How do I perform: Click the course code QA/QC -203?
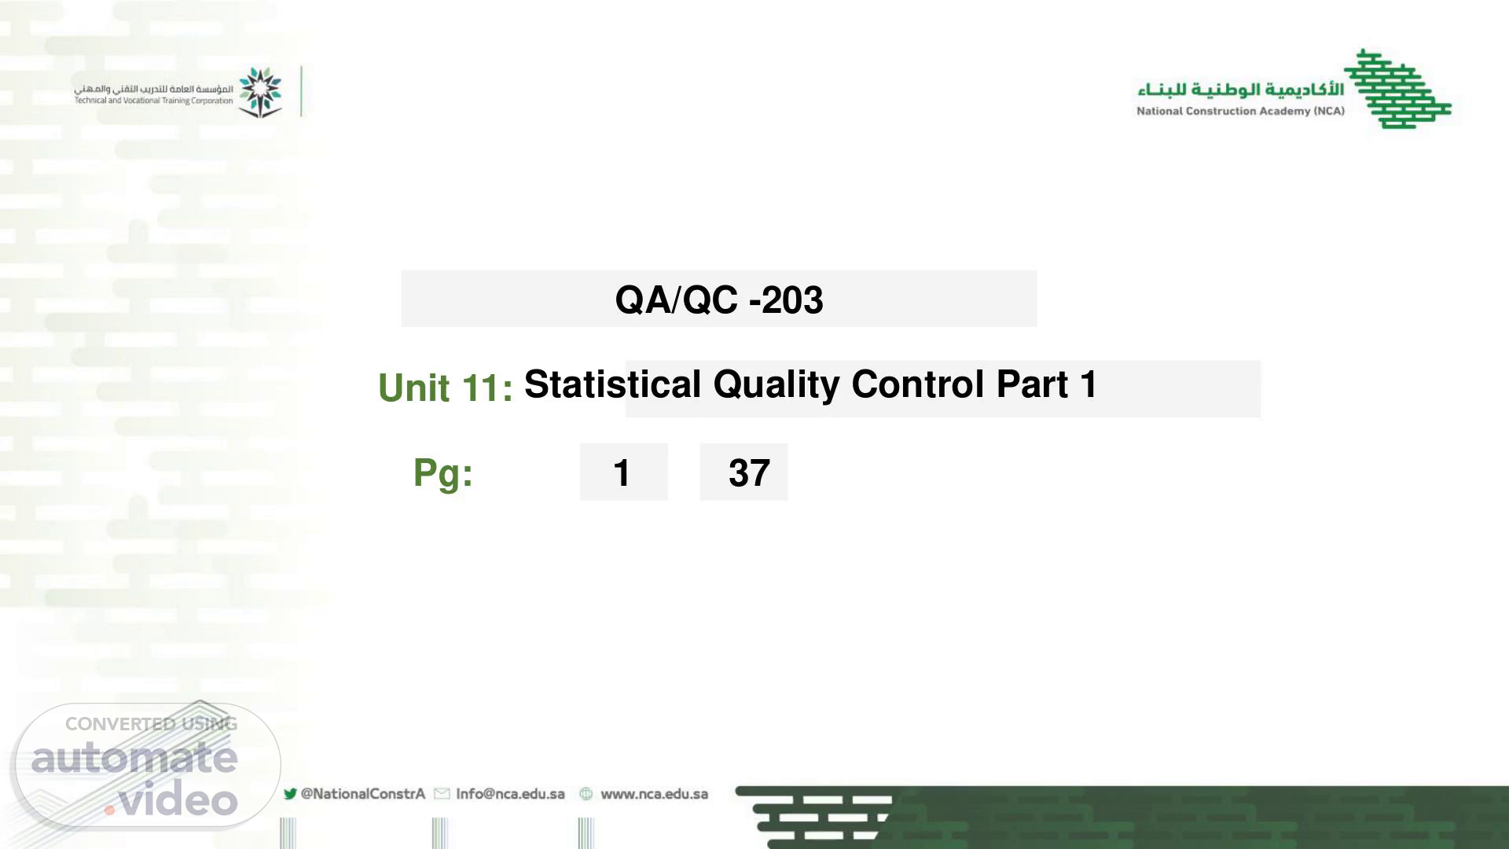(719, 300)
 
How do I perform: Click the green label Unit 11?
(446, 388)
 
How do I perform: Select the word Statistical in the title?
(613, 384)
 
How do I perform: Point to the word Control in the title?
(918, 384)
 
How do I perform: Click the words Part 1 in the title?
(1047, 384)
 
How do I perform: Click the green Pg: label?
(443, 473)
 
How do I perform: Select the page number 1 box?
(624, 472)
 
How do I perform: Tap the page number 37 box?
(743, 472)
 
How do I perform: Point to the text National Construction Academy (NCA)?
(1240, 111)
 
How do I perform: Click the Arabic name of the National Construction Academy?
(1240, 89)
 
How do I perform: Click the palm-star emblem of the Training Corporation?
(260, 92)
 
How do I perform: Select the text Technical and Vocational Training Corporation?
(154, 101)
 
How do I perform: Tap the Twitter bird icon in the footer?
(290, 794)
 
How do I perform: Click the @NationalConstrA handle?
(363, 794)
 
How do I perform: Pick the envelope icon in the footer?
(442, 794)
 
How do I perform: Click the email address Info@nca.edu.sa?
(510, 794)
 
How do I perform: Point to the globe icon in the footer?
(586, 794)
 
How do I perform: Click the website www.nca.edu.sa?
(654, 794)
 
